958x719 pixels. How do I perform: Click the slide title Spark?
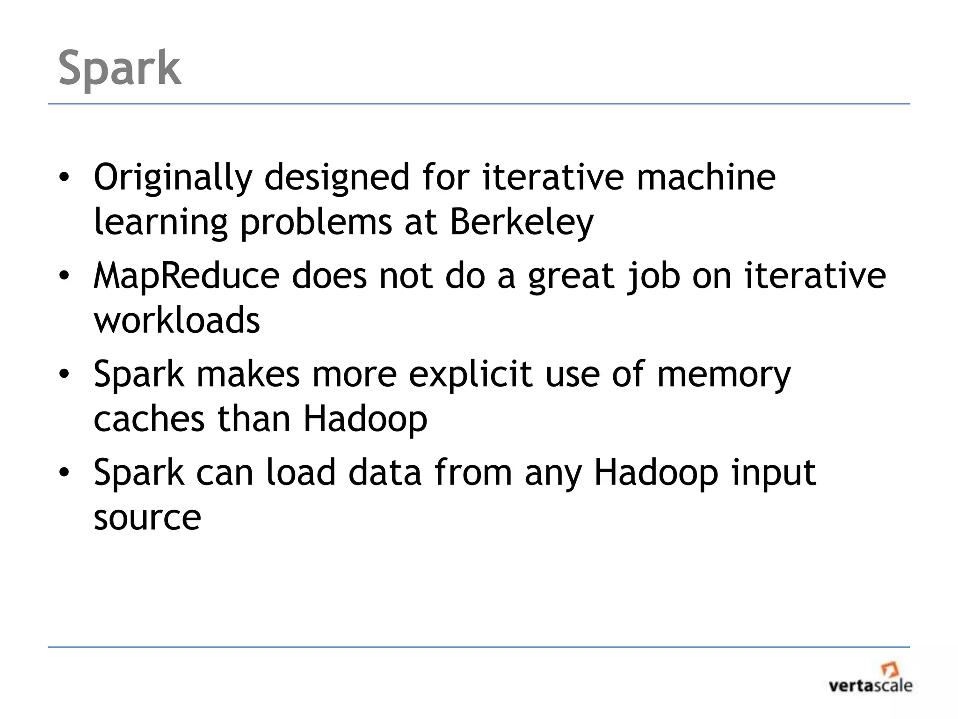click(120, 68)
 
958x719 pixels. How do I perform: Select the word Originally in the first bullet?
click(173, 178)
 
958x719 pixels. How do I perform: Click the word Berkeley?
click(521, 222)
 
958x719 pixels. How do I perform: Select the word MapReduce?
click(186, 276)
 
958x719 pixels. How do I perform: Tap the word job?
click(653, 277)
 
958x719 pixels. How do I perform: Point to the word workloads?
click(177, 320)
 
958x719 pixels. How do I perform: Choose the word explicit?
click(470, 375)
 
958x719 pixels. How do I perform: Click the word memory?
click(724, 375)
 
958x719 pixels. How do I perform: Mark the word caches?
click(149, 419)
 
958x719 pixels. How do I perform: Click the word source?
click(147, 518)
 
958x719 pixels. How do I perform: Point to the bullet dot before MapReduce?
click(64, 276)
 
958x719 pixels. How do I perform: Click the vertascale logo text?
click(870, 686)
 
